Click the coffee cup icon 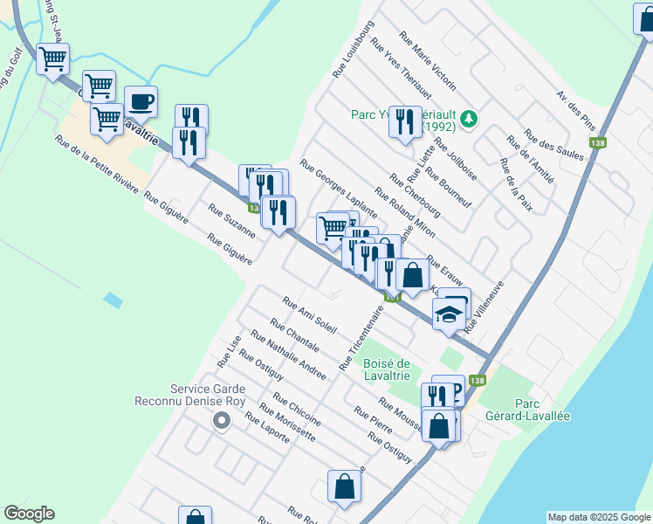point(141,102)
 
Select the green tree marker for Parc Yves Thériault point(469,118)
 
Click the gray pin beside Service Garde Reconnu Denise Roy point(222,423)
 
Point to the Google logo point(29,514)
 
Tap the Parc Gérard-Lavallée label point(542,410)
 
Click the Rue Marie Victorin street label point(427,61)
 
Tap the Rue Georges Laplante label point(339,188)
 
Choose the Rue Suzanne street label point(231,220)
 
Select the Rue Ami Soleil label point(309,314)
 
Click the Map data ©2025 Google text point(599,517)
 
